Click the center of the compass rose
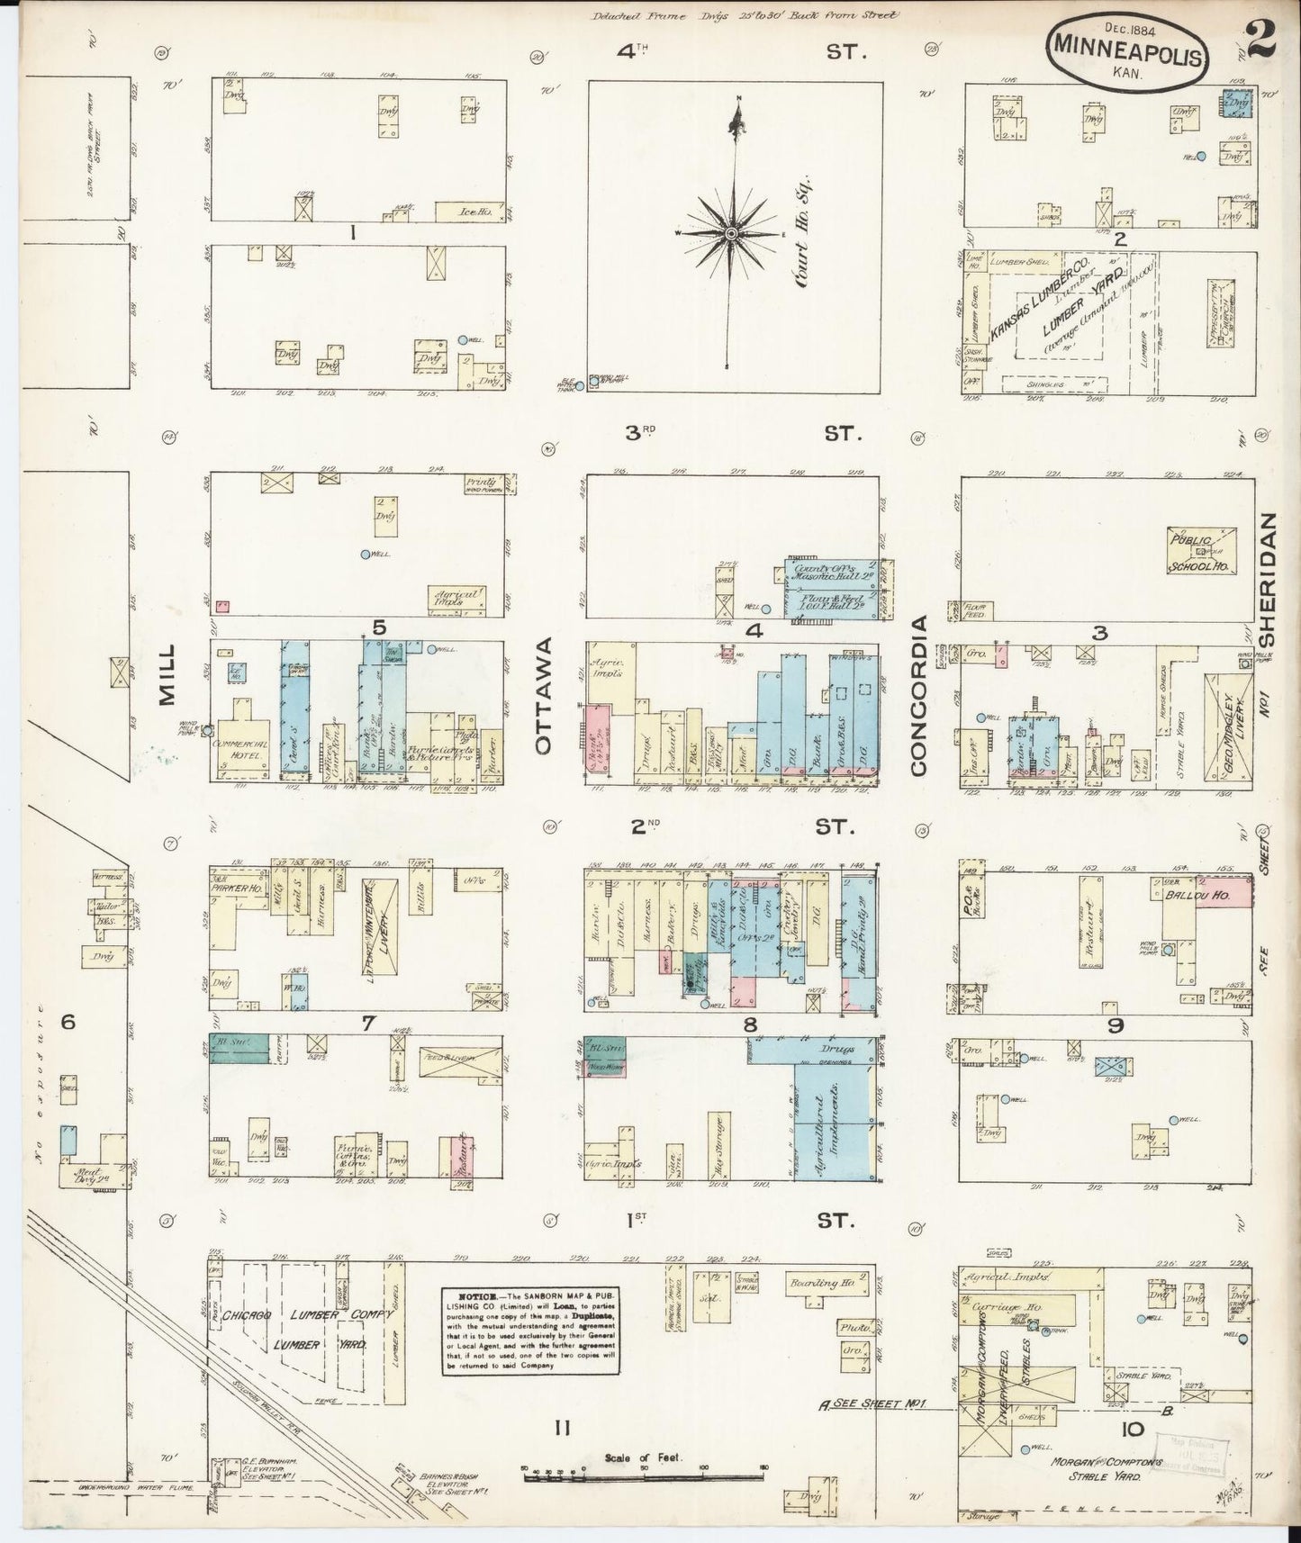click(x=732, y=234)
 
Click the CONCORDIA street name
click(x=918, y=696)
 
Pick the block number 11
click(x=564, y=1427)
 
